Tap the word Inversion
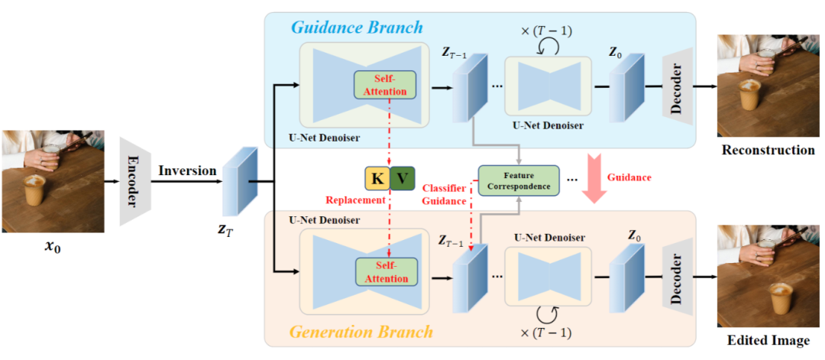[x=188, y=170]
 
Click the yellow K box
[x=377, y=179]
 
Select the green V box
[x=403, y=179]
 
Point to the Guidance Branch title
[x=357, y=28]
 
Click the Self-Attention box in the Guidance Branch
[x=385, y=85]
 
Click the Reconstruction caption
[x=768, y=150]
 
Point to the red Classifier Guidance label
[x=445, y=194]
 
